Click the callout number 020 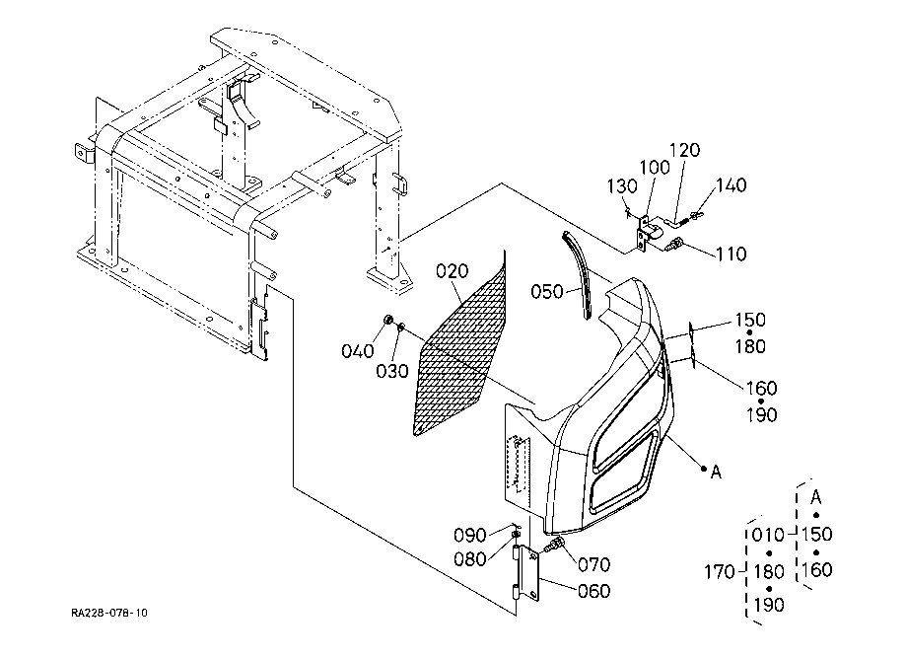[452, 270]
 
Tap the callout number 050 [546, 291]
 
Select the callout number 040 [358, 351]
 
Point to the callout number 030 [392, 371]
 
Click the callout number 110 [731, 254]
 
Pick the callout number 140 [732, 185]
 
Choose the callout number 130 [622, 186]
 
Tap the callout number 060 [594, 591]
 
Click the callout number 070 [594, 564]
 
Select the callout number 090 [469, 536]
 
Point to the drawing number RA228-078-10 [109, 613]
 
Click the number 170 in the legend [720, 572]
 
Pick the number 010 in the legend [769, 535]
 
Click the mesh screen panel [460, 347]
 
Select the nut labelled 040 [388, 321]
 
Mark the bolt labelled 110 [674, 245]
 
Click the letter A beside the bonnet [716, 473]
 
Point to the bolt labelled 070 [555, 545]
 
